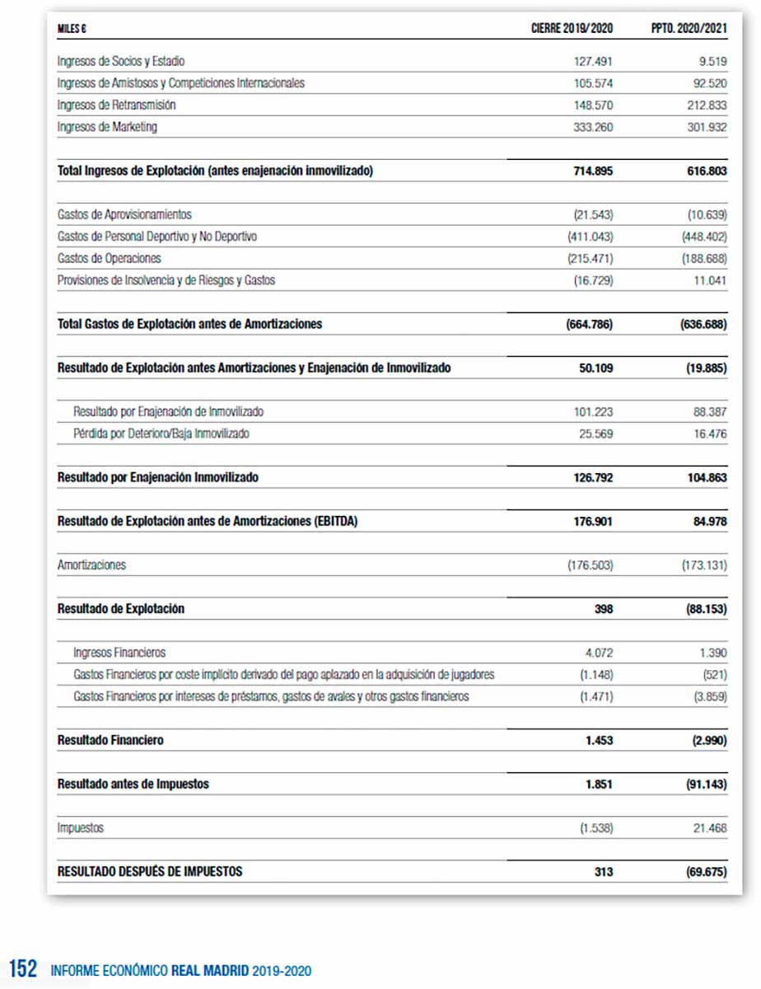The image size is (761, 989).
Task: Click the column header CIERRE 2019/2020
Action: pos(572,29)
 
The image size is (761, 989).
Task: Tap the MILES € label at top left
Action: pos(72,29)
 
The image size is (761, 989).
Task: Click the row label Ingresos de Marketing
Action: pos(107,127)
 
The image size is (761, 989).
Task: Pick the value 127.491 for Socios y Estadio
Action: pos(593,61)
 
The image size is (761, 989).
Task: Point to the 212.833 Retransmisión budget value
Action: pos(707,105)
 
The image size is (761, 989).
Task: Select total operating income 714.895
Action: pos(593,171)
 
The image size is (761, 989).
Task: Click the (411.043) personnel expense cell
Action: pos(590,237)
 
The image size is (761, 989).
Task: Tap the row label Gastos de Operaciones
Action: pos(110,259)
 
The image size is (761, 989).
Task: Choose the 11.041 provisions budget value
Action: pos(709,280)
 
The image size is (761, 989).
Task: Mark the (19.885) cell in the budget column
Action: pos(706,368)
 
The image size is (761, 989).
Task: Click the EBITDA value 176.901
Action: pos(593,522)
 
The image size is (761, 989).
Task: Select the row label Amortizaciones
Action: pos(91,565)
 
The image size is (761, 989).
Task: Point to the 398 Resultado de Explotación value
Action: pos(603,609)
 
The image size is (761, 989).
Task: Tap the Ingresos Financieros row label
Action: pos(119,653)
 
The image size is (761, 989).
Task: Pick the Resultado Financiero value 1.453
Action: pos(599,740)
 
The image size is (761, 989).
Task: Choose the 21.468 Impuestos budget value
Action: pos(709,827)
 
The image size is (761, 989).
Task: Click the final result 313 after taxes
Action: pos(603,871)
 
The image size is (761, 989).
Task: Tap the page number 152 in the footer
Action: pos(23,969)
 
